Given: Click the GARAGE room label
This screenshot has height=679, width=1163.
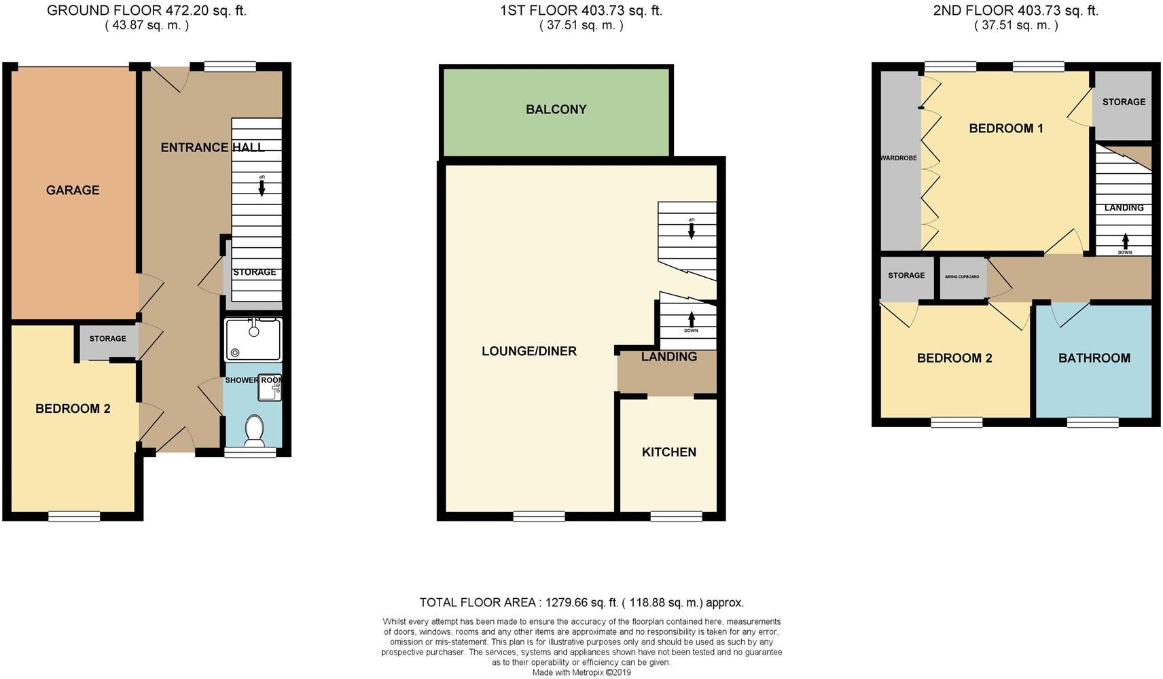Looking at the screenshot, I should coord(73,190).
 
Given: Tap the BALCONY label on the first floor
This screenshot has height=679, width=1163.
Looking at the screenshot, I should coord(556,109).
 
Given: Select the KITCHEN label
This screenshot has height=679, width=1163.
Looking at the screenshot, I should coord(668,452).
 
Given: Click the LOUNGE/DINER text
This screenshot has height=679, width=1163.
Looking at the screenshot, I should coord(529,351).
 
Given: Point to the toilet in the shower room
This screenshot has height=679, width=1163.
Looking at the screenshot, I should coord(254,430).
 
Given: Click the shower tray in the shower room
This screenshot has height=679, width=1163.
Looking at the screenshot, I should coord(252,339).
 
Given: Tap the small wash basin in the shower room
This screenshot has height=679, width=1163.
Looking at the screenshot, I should coord(269,388).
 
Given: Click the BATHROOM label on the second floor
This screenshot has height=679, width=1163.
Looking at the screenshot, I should coord(1094,358).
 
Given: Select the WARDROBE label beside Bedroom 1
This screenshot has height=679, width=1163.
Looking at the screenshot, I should coord(898,158).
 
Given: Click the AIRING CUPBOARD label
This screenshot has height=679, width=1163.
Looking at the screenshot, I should coord(963,277).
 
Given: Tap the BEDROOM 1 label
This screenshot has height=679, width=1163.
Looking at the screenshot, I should coord(1005,128).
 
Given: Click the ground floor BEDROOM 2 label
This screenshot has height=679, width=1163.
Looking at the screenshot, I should coord(73,409).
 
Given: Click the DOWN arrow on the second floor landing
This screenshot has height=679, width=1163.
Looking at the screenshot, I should coord(1125,243).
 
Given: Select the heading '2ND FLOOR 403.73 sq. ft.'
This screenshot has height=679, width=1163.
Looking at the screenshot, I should coord(1016,10).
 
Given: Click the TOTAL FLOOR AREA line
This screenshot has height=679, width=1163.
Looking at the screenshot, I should coord(581,602).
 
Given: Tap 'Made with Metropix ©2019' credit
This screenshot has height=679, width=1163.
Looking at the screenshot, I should coord(581,672).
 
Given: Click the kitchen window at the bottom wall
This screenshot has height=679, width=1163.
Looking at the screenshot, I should coord(676,517).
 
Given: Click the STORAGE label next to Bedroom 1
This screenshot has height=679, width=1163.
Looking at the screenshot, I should coord(1123,102).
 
